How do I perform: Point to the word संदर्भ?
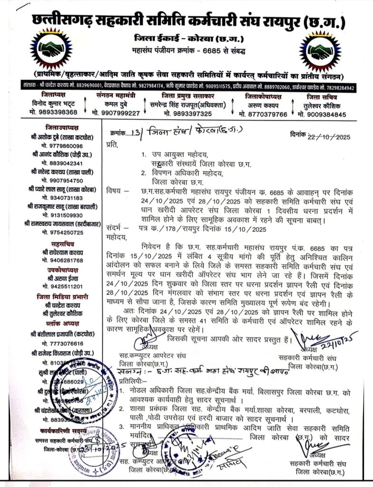115,229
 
